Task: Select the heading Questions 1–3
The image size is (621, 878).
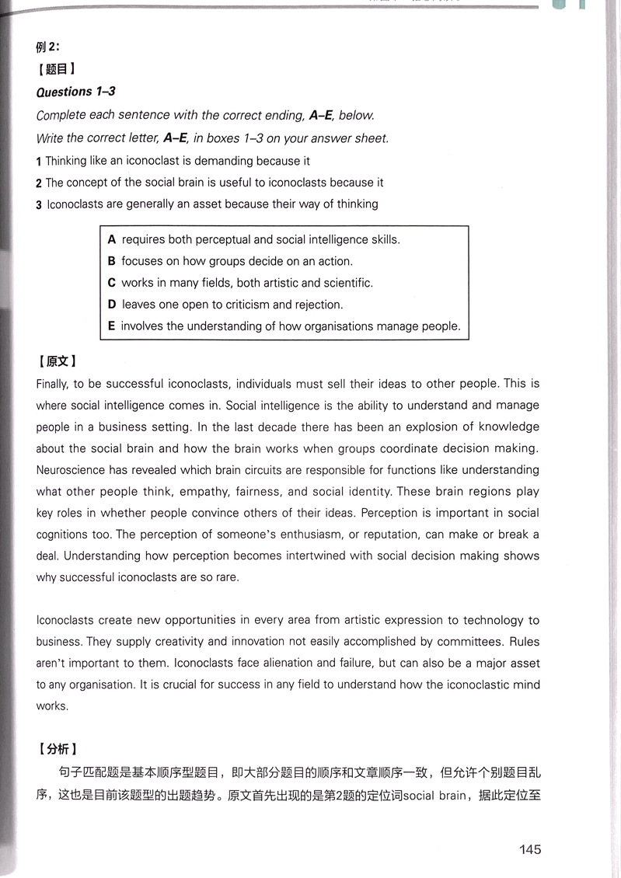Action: [x=76, y=92]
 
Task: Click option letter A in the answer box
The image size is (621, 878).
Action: [x=112, y=240]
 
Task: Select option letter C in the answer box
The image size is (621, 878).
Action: [x=112, y=283]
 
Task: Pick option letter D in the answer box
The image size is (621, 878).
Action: [x=112, y=305]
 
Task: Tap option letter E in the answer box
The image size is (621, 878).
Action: [x=112, y=326]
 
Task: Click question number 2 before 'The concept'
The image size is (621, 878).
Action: [x=39, y=183]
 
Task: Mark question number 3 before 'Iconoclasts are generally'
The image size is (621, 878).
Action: [x=39, y=205]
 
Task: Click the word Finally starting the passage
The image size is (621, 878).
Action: [x=54, y=384]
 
